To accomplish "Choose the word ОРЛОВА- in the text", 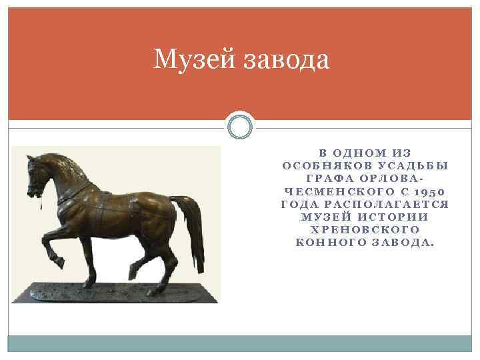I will click(x=389, y=179).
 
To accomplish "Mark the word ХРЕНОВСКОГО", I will click(x=364, y=229).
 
